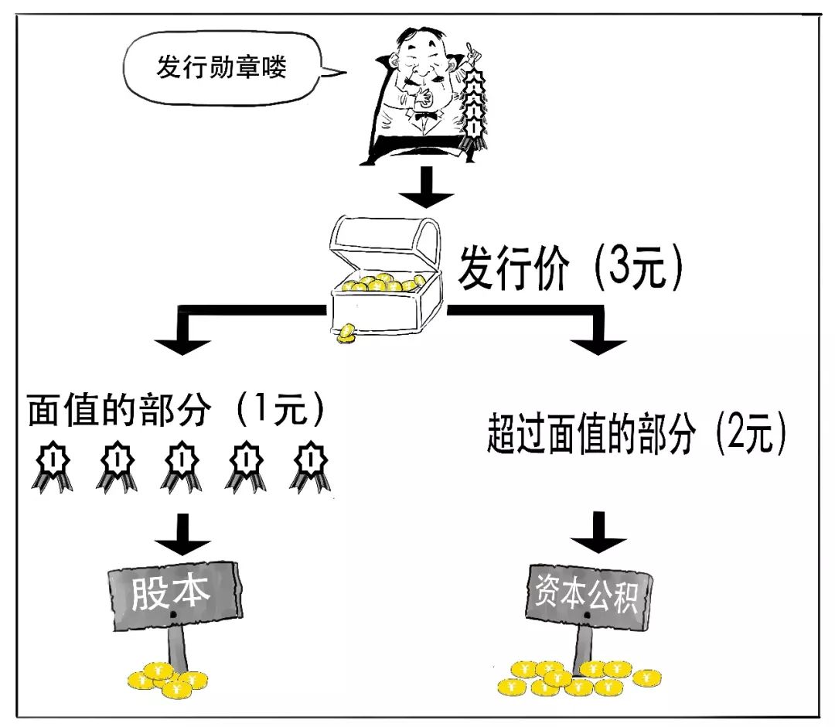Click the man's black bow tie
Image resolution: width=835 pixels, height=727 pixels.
(x=423, y=118)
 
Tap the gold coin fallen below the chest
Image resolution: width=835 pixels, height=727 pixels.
(x=346, y=333)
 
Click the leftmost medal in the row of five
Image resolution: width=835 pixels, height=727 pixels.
(x=51, y=465)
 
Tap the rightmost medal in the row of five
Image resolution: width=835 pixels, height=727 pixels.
(x=310, y=465)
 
